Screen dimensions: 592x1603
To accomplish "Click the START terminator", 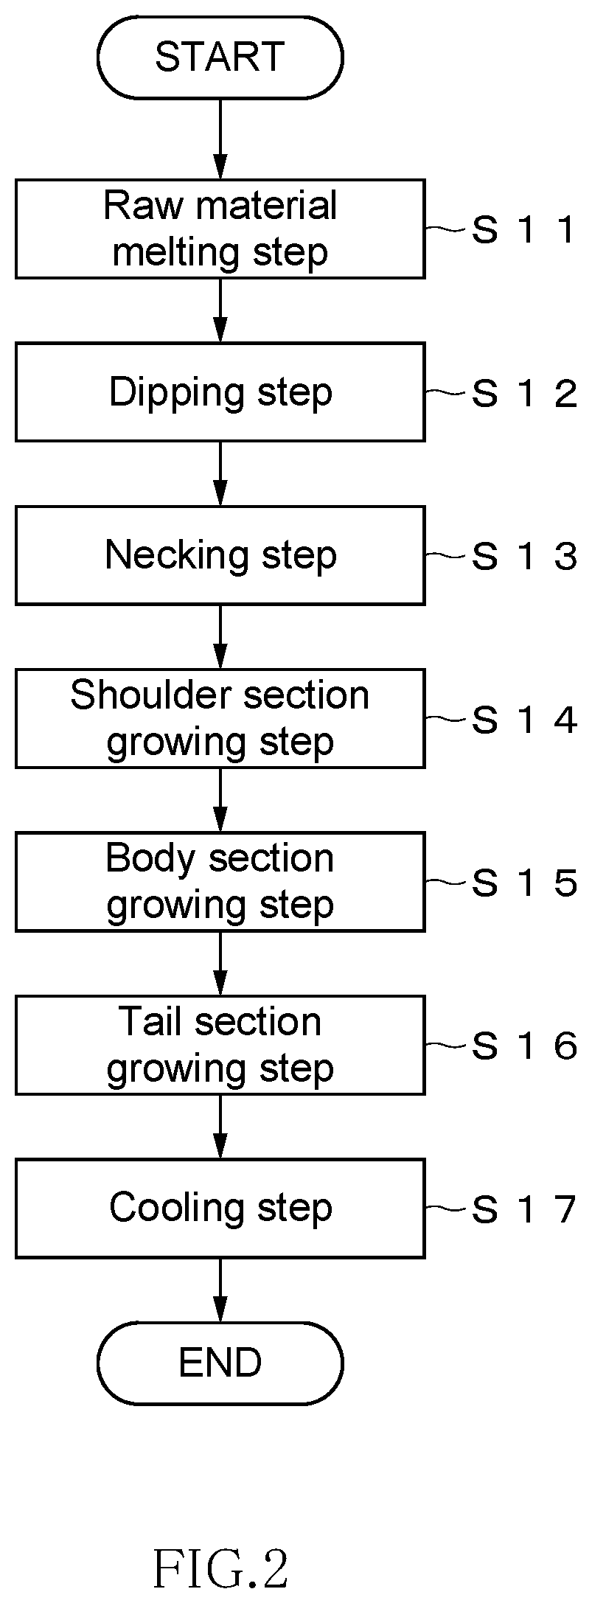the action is (220, 58).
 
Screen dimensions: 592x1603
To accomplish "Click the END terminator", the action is (220, 1363).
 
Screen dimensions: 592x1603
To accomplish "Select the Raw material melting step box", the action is (220, 229).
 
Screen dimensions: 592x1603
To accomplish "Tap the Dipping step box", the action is (220, 392).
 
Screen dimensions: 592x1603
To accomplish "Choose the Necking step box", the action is (220, 555).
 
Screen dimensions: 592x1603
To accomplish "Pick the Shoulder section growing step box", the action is (220, 718).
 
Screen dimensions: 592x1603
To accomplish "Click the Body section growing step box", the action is (220, 882).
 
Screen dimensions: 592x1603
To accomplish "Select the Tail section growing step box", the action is (220, 1046).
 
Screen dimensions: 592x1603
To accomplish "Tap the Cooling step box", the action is (220, 1209).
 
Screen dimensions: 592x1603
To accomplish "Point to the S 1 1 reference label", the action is (523, 231).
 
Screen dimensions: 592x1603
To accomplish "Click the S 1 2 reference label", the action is (523, 394).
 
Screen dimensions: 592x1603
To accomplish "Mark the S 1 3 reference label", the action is (523, 557).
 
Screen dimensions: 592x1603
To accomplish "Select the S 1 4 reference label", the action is (523, 720).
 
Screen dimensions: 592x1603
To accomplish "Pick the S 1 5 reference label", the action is (523, 883).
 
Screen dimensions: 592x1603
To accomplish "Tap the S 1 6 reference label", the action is (523, 1047).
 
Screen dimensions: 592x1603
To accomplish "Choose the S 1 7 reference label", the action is (523, 1210).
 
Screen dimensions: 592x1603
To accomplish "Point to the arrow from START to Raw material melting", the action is (220, 139).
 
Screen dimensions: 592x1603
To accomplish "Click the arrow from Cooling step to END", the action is (220, 1290).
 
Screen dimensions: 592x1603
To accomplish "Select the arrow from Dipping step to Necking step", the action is (220, 473).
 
